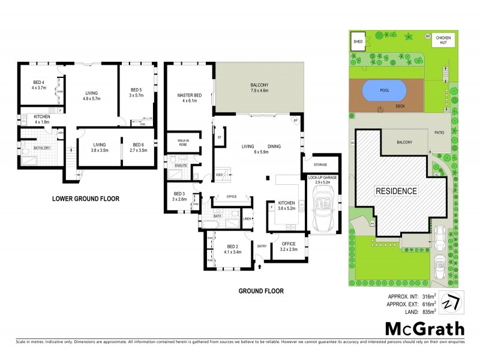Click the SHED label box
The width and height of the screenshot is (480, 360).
358,41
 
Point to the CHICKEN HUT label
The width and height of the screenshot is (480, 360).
444,40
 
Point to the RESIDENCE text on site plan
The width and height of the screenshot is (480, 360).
396,191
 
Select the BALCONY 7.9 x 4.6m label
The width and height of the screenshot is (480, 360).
259,88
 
